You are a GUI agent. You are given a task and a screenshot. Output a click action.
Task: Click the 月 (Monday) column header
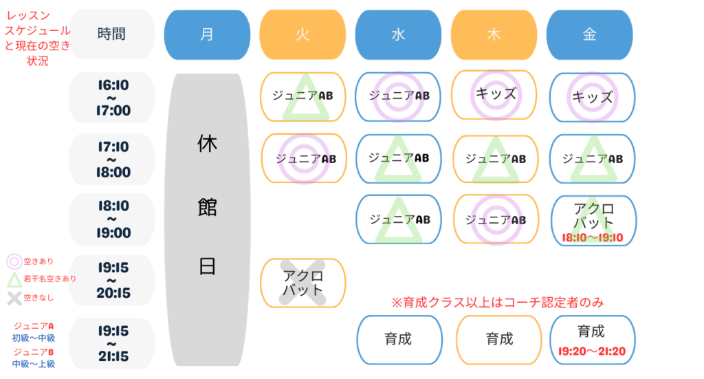click(207, 34)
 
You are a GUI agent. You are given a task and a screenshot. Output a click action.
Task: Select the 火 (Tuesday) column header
click(302, 34)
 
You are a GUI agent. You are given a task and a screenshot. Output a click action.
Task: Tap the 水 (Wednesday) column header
click(398, 34)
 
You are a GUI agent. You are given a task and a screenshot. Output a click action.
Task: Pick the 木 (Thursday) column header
click(494, 34)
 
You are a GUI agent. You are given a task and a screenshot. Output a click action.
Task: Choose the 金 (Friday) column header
click(589, 34)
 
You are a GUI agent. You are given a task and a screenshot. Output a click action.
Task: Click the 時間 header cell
click(112, 34)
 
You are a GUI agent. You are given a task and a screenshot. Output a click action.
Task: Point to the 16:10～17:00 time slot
click(112, 98)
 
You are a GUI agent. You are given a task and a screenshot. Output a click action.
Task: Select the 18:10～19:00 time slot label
click(112, 219)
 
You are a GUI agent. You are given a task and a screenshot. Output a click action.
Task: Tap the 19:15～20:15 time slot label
click(112, 280)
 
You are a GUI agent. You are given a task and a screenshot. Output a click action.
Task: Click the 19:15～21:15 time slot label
click(112, 343)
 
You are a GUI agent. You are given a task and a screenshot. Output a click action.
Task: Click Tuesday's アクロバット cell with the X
click(303, 283)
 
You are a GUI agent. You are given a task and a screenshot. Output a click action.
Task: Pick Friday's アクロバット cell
click(593, 221)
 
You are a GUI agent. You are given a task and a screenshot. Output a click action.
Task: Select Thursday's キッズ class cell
click(494, 95)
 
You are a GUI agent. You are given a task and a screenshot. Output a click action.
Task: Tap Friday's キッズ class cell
click(592, 98)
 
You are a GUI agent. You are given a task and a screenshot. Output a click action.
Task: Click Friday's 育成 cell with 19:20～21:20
click(593, 340)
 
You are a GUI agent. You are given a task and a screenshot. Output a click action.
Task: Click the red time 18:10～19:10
click(593, 237)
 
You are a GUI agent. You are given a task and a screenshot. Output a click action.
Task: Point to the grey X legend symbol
click(14, 298)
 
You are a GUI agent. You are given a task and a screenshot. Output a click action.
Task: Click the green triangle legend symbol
click(14, 279)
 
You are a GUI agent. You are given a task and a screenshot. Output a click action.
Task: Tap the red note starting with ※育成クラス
click(498, 302)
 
